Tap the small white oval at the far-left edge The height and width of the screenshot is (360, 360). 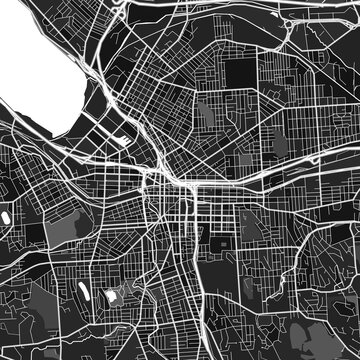tap(5, 215)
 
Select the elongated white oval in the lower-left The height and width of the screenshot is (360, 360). tap(81, 294)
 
